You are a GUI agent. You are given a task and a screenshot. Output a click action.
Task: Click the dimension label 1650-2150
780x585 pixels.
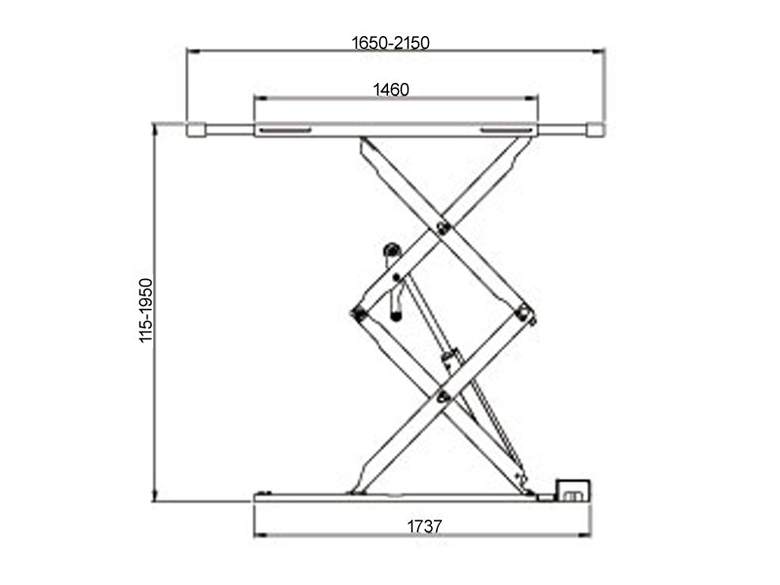391,42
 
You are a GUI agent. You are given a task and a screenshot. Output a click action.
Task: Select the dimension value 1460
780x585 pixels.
391,90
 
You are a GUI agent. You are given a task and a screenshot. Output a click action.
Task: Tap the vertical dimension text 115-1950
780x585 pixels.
146,310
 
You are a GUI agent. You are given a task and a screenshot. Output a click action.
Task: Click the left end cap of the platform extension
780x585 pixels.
195,130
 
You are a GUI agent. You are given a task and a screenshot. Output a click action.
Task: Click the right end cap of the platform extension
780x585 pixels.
596,130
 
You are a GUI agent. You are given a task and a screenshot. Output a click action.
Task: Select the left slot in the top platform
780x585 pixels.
285,130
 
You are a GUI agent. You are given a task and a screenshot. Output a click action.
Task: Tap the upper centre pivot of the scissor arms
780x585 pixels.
444,228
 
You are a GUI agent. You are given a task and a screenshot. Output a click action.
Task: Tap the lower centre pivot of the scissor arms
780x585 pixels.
444,395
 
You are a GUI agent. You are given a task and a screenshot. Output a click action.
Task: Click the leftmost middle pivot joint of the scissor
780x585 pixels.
358,313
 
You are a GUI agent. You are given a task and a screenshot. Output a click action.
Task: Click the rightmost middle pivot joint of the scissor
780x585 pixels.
525,313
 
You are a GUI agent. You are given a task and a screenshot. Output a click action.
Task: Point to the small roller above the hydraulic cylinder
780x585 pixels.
392,251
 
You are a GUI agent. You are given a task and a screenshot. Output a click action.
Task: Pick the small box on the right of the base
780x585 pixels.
573,489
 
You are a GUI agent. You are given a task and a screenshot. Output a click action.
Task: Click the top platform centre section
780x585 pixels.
395,130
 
